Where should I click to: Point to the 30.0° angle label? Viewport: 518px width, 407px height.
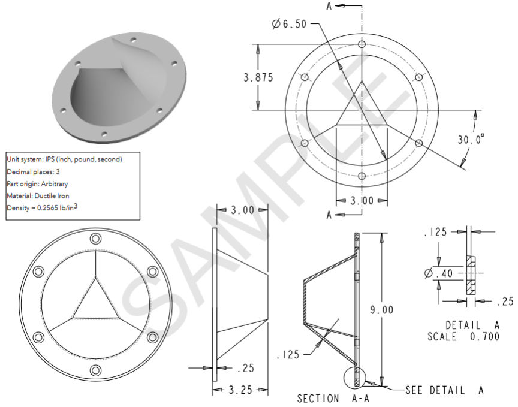coord(471,140)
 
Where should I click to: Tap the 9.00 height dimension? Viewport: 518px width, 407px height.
coord(382,310)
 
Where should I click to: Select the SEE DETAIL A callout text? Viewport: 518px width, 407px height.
coord(444,390)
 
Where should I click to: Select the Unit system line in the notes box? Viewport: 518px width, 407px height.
coord(64,159)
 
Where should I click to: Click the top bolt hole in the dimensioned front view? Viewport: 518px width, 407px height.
coord(362,45)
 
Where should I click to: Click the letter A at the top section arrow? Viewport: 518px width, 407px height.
coord(329,6)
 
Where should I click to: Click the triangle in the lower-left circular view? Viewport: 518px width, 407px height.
coord(95,297)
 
